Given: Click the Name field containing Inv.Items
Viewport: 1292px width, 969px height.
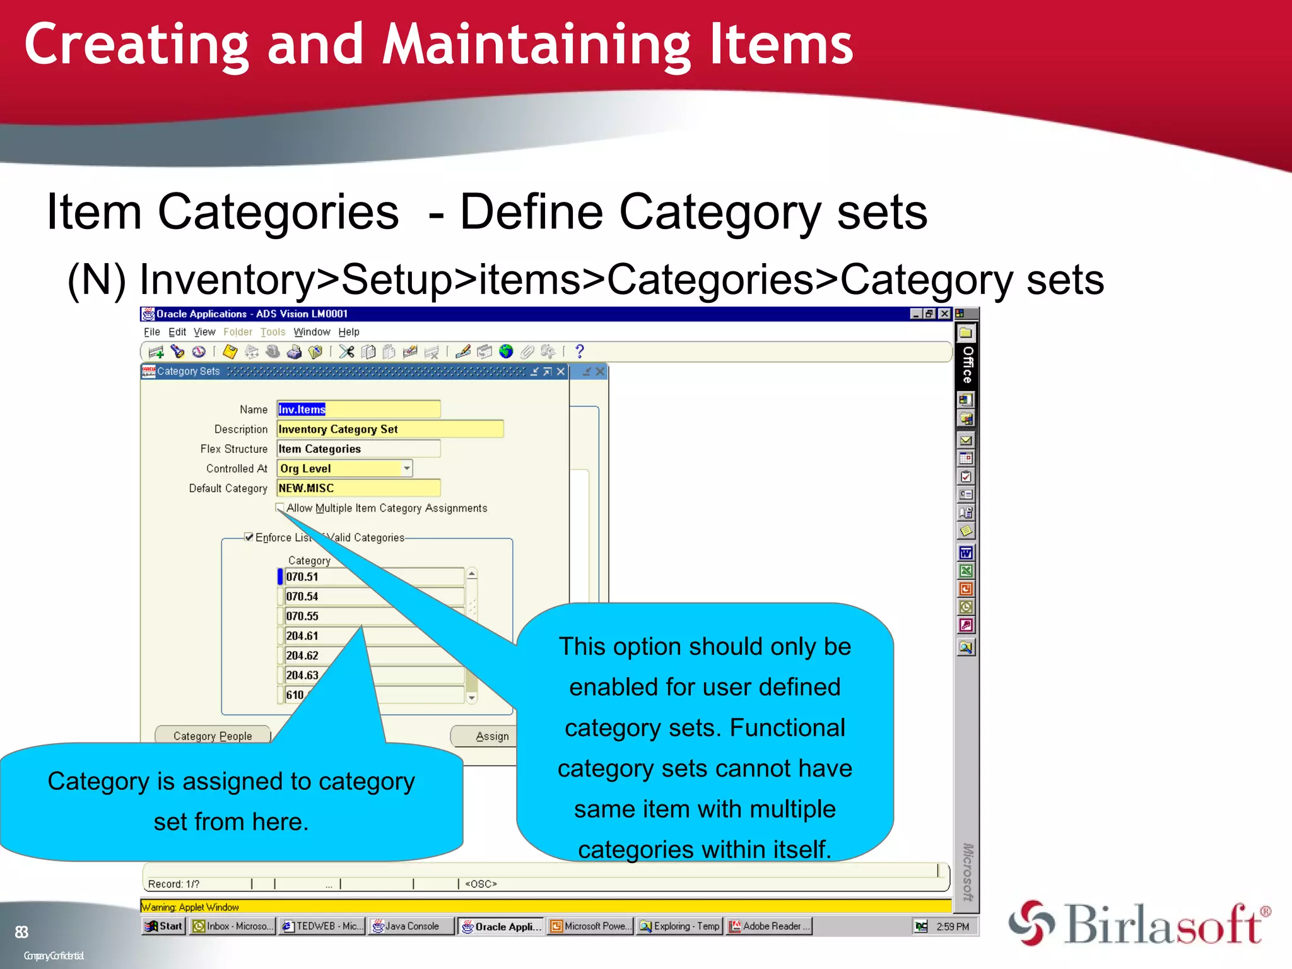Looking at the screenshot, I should click(358, 409).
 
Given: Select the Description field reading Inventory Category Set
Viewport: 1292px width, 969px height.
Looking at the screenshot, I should click(389, 429).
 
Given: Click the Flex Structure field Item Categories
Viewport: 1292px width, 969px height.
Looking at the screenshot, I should click(358, 449).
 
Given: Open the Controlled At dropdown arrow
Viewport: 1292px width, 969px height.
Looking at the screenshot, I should click(407, 468).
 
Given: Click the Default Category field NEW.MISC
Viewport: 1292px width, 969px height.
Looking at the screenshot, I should click(358, 488).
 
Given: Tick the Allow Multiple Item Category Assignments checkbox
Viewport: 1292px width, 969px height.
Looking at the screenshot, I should click(280, 507).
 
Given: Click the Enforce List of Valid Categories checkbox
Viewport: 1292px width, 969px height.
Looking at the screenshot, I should click(249, 537).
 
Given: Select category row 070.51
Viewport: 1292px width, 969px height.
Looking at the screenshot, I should click(373, 577).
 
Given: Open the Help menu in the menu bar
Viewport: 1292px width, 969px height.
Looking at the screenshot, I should click(348, 332).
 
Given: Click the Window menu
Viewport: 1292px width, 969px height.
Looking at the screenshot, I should click(312, 332).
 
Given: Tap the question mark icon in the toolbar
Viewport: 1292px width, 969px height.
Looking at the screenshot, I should click(580, 351).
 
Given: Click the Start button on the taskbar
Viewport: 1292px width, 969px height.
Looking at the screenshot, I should click(164, 926).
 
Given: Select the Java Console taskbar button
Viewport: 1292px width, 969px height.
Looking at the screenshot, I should click(411, 926).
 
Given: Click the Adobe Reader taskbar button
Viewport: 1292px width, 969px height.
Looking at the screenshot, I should click(768, 926).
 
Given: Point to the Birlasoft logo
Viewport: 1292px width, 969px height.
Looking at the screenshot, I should click(1139, 924).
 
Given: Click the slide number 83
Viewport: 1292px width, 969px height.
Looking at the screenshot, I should click(21, 932).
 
